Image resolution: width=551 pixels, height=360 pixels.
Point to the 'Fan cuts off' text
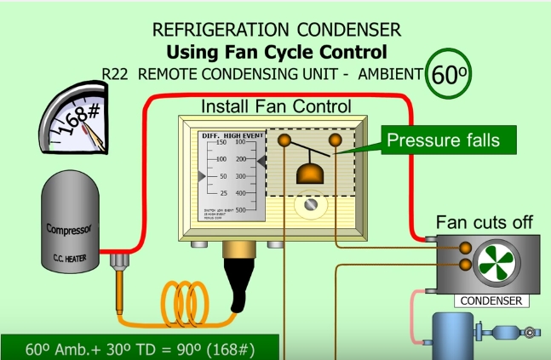tap(485, 223)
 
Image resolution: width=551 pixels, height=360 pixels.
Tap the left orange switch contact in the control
tap(284, 140)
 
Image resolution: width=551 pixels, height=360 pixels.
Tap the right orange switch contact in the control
tap(336, 140)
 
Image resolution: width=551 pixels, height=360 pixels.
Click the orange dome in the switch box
tap(310, 174)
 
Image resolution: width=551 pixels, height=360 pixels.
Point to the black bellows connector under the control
tap(235, 277)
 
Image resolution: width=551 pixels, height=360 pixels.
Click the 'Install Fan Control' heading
tap(275, 107)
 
